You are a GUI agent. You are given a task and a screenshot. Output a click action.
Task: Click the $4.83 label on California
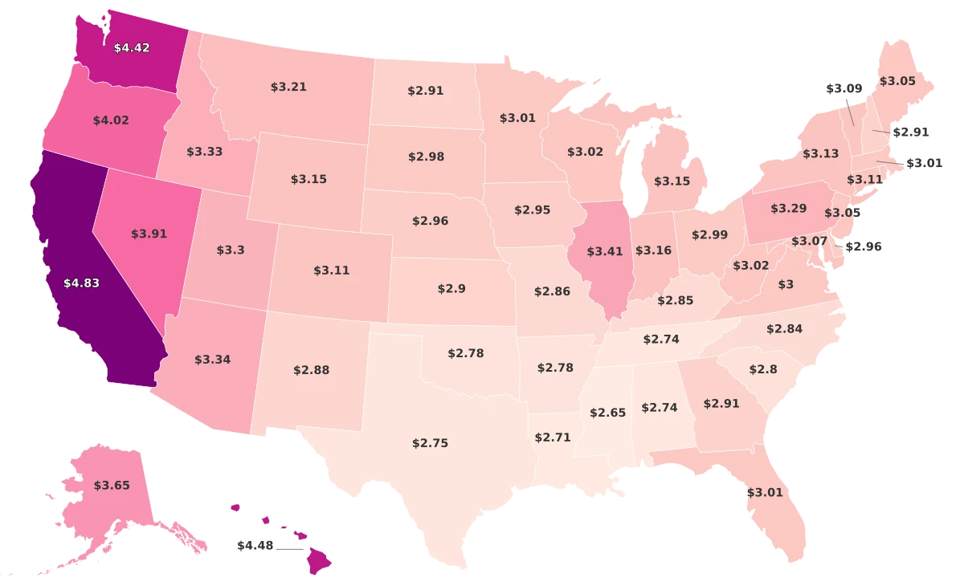[x=81, y=283]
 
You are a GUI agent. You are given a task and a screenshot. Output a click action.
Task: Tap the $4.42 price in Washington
[x=132, y=48]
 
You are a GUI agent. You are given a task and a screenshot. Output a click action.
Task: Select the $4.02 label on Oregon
[x=111, y=120]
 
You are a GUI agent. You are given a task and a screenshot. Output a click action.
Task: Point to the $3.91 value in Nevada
[x=148, y=234]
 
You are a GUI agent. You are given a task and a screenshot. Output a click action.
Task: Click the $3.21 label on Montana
[x=288, y=87]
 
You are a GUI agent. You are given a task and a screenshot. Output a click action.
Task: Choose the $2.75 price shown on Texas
[x=430, y=443]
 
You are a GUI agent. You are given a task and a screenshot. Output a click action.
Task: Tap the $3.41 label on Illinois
[x=605, y=252]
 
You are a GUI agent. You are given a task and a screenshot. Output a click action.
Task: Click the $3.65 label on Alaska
[x=112, y=485]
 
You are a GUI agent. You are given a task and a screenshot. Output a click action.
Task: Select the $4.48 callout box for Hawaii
[x=255, y=546]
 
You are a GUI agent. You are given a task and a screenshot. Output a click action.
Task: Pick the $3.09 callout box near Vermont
[x=843, y=88]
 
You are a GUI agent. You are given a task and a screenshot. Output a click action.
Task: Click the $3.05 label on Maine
[x=897, y=81]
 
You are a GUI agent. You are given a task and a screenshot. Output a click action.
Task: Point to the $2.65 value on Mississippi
[x=607, y=413]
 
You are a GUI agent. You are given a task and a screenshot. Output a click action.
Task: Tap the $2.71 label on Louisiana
[x=553, y=438]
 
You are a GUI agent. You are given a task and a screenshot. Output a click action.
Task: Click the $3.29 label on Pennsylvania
[x=788, y=209]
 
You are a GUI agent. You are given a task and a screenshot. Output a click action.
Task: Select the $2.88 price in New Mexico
[x=311, y=370]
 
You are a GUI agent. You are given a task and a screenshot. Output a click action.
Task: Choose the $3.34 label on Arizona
[x=212, y=359]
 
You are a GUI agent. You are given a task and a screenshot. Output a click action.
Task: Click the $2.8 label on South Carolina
[x=762, y=369]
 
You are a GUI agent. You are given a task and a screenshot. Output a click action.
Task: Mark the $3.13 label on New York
[x=820, y=153]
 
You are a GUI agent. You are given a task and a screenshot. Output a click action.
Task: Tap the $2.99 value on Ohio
[x=709, y=234]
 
